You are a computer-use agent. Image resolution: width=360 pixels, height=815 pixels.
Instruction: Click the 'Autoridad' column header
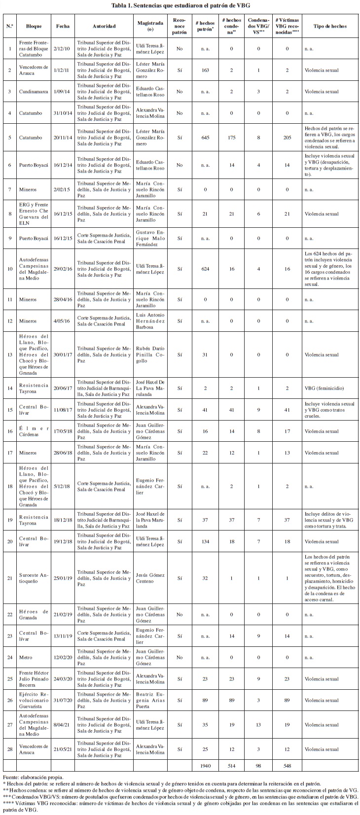coord(104,26)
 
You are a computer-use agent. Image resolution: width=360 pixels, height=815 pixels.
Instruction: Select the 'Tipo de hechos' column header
coord(330,26)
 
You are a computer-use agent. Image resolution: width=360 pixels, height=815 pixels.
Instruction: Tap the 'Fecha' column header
coord(63,26)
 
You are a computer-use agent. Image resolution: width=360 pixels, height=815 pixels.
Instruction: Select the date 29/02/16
coord(63,269)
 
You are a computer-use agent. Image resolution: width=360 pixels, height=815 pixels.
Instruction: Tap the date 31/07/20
coord(63,700)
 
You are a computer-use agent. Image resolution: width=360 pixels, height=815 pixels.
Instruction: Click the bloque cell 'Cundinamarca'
coord(34,91)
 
